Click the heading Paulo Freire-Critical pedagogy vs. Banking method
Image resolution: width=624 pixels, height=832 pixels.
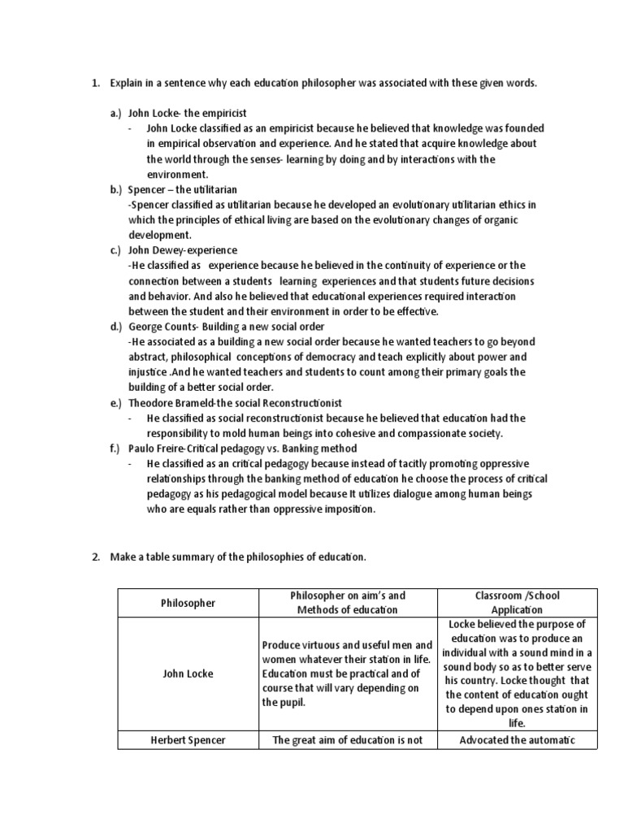242,448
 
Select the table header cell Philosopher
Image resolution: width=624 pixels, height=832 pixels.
188,604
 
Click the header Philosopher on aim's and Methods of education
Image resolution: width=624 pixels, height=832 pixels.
346,603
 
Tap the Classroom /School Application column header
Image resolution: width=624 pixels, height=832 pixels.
516,603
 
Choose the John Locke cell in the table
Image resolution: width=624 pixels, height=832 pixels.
188,674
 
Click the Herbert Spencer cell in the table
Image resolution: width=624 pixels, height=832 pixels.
188,739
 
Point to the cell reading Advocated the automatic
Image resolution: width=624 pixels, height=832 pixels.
516,739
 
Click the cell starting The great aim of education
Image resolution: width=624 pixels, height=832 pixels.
346,739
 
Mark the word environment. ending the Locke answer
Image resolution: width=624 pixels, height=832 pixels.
177,175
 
